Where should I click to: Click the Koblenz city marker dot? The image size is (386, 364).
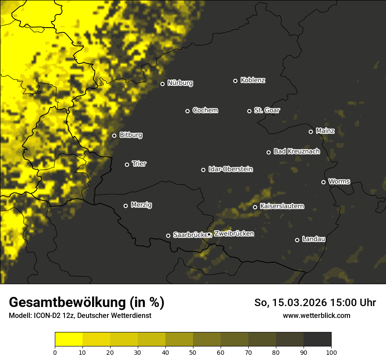(x=235, y=81)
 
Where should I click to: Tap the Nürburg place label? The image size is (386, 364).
(x=180, y=83)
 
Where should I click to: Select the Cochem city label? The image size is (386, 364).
(x=205, y=111)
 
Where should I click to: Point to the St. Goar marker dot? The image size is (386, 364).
(x=249, y=111)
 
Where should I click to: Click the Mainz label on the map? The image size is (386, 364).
(x=325, y=131)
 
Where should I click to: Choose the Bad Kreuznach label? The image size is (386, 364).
(x=297, y=151)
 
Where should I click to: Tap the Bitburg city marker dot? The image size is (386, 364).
(x=114, y=136)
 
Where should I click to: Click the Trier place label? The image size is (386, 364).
(x=139, y=164)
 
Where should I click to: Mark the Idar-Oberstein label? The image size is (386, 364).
(x=230, y=169)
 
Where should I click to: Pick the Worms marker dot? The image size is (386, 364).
(x=323, y=182)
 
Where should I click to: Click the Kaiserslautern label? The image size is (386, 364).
(x=282, y=206)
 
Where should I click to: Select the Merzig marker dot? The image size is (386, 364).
(x=125, y=206)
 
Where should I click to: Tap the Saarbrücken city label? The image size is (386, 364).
(x=190, y=235)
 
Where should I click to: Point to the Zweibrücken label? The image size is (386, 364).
(x=234, y=234)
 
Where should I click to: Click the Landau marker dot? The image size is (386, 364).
(x=297, y=240)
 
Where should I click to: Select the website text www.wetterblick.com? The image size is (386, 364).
(x=316, y=315)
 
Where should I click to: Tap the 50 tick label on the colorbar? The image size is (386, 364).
(x=193, y=352)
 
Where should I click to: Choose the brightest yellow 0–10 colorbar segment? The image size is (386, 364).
(x=68, y=339)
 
